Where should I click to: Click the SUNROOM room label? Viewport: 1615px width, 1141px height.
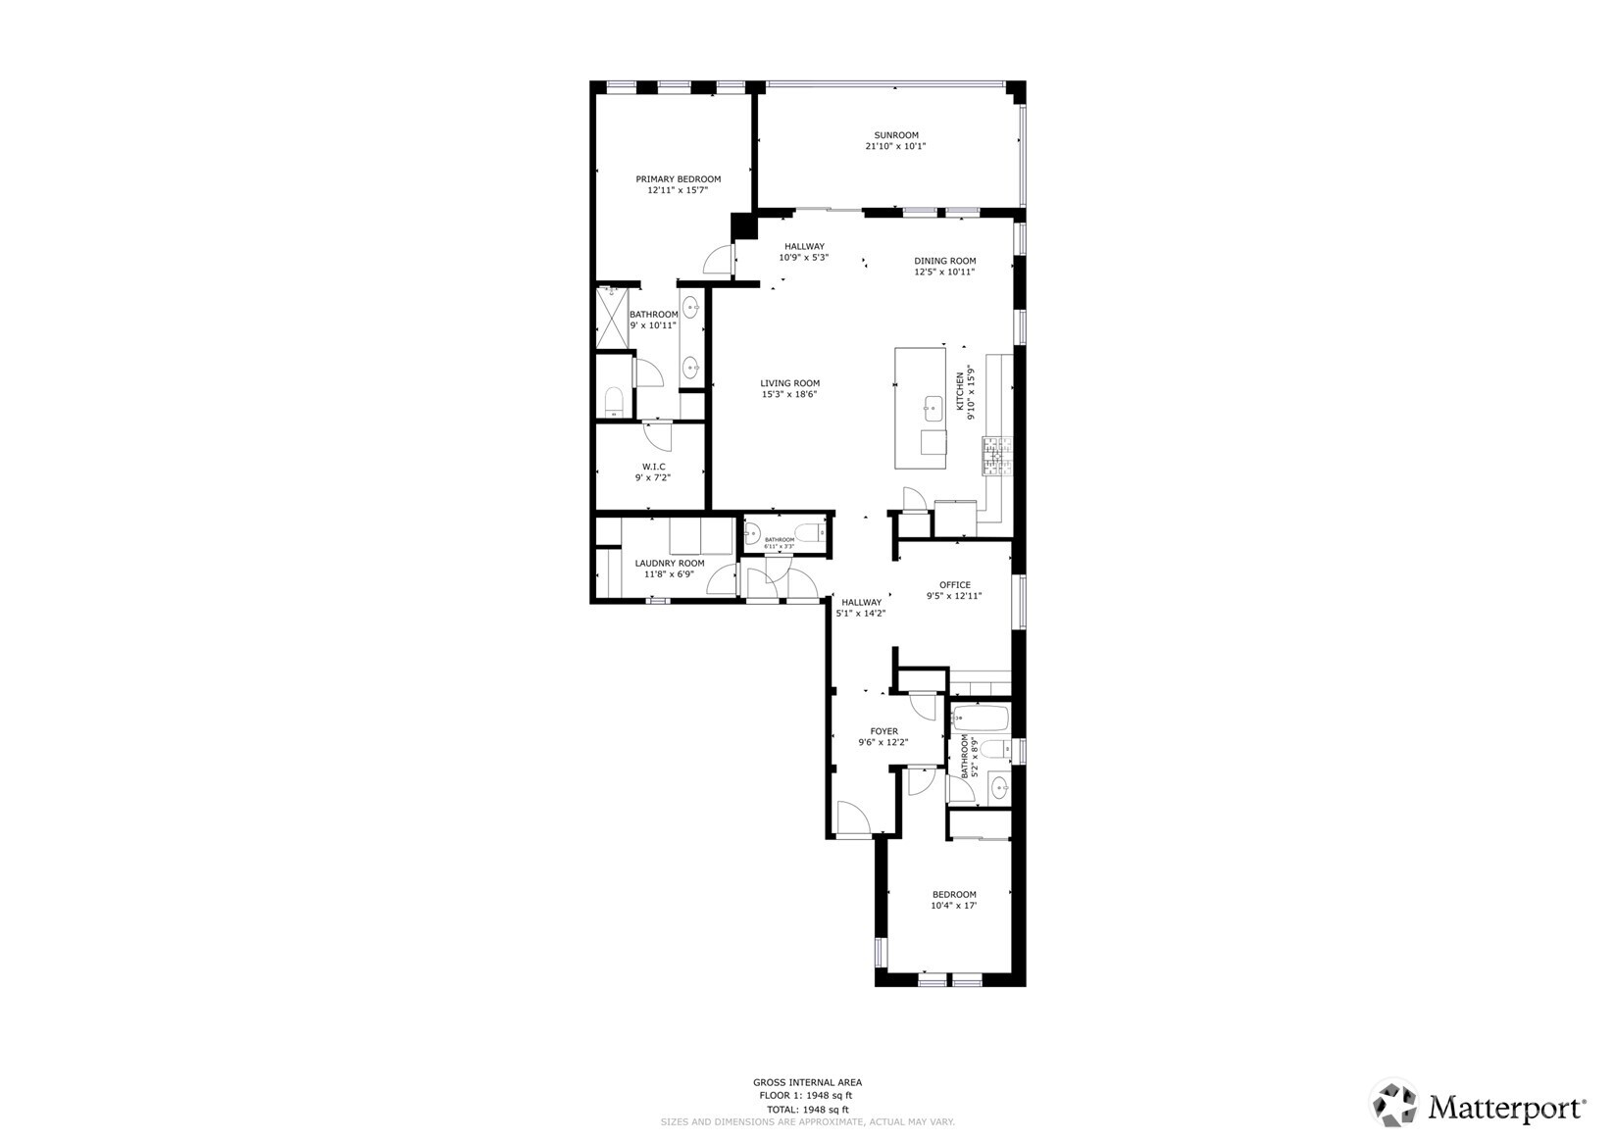[895, 135]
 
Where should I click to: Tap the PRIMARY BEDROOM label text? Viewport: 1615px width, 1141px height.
[678, 179]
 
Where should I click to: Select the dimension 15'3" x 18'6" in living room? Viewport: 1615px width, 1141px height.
[789, 395]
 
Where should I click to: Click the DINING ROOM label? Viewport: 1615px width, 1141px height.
[944, 261]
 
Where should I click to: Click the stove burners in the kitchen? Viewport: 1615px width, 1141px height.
[996, 456]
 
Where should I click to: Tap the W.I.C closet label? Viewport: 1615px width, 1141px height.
[653, 467]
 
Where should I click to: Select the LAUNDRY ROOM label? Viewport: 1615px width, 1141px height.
[669, 564]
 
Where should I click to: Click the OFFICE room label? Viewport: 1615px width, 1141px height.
[954, 585]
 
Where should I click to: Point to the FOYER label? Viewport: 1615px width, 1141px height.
[883, 731]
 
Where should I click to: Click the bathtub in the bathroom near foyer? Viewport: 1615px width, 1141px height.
[980, 719]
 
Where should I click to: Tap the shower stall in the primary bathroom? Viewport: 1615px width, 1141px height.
[613, 318]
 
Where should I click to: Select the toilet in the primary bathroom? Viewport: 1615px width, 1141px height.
[614, 400]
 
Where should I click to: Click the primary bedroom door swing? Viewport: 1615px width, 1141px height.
[718, 258]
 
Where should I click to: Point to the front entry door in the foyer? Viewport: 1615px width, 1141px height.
[851, 819]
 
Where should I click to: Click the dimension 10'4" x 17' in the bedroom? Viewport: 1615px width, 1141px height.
[953, 906]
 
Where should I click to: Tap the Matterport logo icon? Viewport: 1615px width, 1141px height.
[1394, 1106]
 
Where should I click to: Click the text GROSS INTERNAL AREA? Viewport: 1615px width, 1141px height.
[807, 1082]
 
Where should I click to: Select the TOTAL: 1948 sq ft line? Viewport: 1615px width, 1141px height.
[807, 1109]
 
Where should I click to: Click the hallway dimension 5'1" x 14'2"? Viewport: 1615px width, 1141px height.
[860, 614]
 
